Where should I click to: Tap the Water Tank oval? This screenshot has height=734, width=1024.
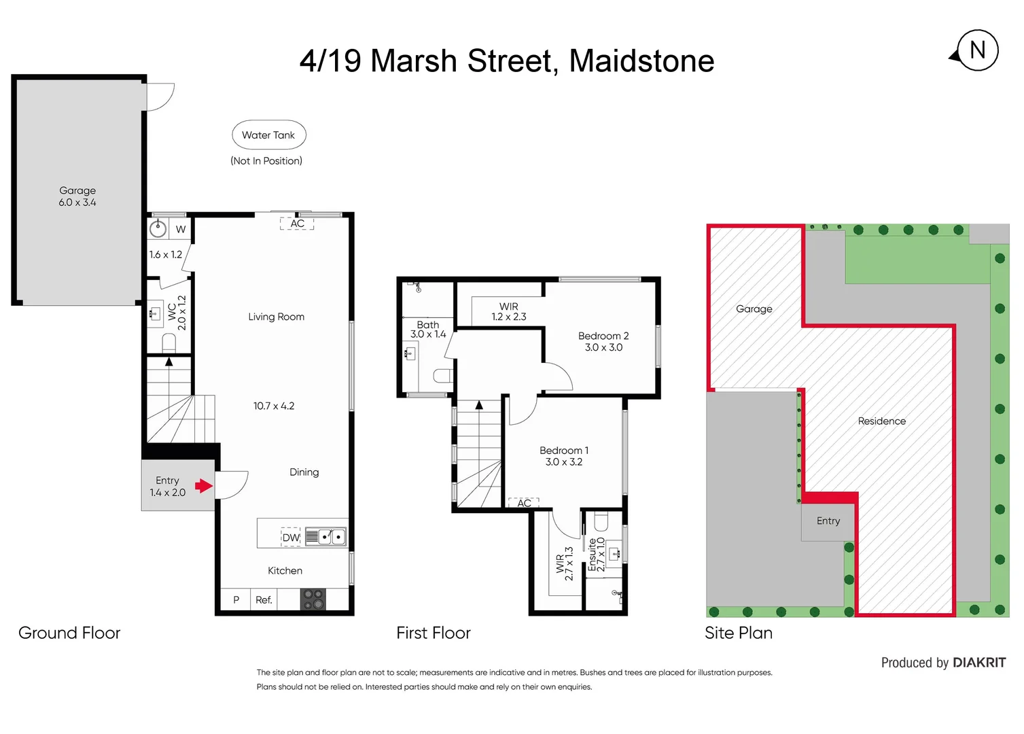click(x=268, y=135)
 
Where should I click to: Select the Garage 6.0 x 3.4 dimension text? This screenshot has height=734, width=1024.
click(x=77, y=203)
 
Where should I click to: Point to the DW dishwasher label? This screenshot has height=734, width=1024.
click(x=291, y=538)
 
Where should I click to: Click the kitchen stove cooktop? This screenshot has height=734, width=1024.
click(x=313, y=599)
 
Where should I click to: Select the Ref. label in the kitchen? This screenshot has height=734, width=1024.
click(x=264, y=600)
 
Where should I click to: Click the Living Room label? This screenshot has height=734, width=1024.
click(x=276, y=317)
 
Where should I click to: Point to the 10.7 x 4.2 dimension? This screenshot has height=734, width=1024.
click(x=274, y=406)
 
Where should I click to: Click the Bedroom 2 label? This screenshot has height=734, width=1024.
click(x=603, y=336)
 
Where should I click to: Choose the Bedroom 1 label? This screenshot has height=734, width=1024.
click(x=564, y=451)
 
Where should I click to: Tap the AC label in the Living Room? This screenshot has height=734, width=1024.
click(x=298, y=224)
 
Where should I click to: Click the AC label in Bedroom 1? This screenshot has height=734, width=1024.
click(x=524, y=504)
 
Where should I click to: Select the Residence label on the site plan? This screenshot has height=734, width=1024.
click(x=881, y=421)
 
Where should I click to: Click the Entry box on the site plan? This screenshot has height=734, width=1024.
click(x=828, y=521)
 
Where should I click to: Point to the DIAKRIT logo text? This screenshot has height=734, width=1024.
click(x=978, y=663)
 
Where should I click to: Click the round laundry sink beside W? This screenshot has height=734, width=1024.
click(x=158, y=228)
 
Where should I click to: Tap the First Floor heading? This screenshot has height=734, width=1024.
click(x=434, y=633)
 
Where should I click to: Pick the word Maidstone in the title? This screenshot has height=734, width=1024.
click(x=641, y=61)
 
